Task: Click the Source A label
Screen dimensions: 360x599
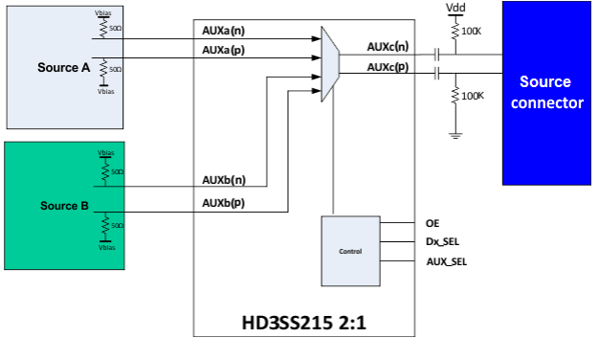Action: tap(64, 67)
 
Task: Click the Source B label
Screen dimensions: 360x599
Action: tap(65, 206)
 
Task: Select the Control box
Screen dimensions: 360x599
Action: tap(350, 250)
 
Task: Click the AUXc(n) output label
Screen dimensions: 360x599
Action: tap(388, 45)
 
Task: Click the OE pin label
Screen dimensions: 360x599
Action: tap(433, 223)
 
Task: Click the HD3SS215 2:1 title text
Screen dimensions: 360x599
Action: tap(303, 324)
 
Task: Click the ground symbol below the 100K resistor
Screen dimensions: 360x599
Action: tap(456, 134)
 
